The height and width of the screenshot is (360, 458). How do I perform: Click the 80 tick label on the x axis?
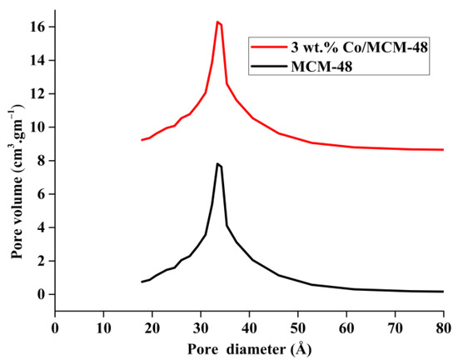click(x=443, y=327)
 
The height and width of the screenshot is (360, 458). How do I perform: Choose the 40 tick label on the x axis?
click(x=249, y=327)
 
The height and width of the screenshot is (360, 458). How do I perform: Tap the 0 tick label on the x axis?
click(x=55, y=327)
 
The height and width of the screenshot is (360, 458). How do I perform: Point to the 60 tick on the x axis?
click(x=346, y=327)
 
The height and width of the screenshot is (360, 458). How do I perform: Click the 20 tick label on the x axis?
click(x=152, y=327)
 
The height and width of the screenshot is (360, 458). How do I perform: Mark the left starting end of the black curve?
click(x=142, y=282)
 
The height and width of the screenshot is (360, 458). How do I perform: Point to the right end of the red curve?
click(x=443, y=150)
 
